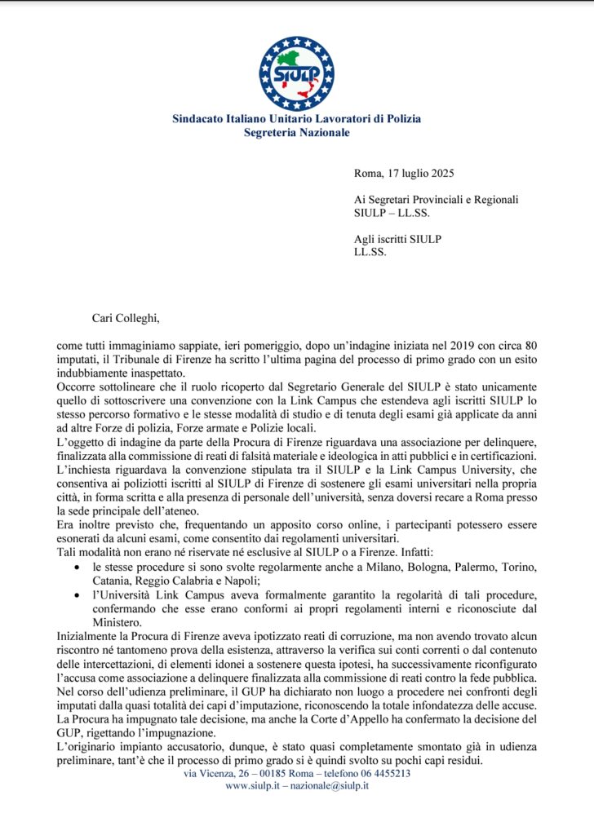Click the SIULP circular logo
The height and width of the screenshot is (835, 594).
coord(296,73)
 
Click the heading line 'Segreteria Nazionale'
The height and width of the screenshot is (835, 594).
coord(296,132)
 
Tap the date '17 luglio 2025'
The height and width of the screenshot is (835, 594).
coord(419,172)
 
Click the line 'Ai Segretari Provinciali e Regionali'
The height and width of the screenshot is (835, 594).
coord(437,199)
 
